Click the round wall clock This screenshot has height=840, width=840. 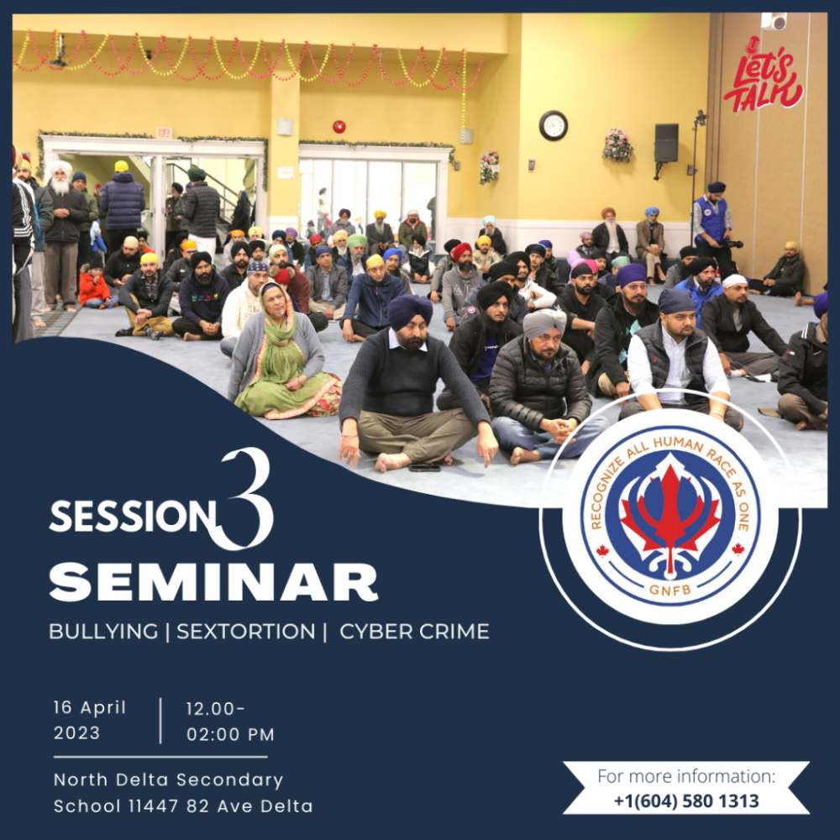coord(554,126)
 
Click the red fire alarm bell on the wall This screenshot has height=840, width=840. coord(339,127)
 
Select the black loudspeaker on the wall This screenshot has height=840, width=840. coord(666,143)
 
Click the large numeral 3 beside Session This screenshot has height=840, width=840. coord(246,499)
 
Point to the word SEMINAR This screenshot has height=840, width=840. coord(213,582)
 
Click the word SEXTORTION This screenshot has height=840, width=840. coord(246,632)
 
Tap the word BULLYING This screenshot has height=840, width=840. coord(103,632)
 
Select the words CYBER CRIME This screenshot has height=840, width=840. coord(414,632)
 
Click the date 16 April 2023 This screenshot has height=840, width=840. coord(90,720)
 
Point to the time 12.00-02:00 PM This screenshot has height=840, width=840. coord(230,722)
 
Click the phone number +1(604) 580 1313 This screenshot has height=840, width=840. coord(686,801)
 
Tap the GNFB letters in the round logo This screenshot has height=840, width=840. coord(669,590)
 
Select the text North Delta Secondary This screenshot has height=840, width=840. coord(168,780)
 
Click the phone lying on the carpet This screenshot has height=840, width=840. coord(424,468)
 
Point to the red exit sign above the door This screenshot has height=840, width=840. coord(164,132)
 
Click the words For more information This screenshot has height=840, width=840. coord(686,776)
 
